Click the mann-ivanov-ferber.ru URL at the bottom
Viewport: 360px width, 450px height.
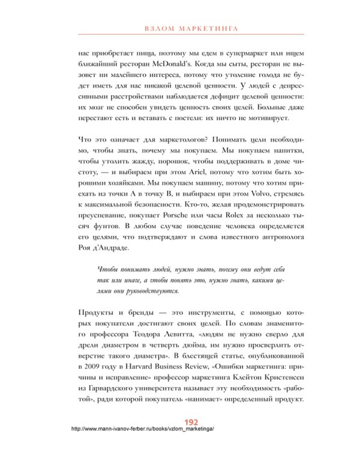142,429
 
